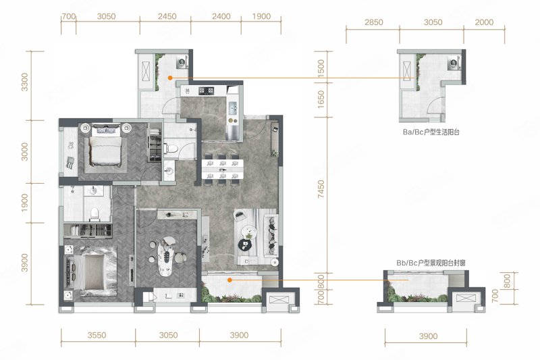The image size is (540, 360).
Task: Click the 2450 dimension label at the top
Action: (x=167, y=16)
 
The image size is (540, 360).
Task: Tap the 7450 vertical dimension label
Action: (x=321, y=189)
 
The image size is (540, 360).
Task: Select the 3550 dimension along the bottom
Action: (x=97, y=335)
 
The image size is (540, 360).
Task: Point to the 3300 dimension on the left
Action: (x=25, y=82)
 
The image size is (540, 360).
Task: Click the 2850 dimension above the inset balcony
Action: (x=374, y=22)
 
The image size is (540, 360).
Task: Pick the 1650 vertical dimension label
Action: (x=321, y=99)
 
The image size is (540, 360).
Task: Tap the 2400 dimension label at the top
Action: (x=221, y=16)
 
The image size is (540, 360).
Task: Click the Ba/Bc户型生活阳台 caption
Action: (x=431, y=132)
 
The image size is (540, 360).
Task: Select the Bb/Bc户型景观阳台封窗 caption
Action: (x=431, y=263)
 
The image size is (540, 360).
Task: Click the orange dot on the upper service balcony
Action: (x=170, y=78)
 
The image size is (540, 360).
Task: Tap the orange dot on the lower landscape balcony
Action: (x=230, y=280)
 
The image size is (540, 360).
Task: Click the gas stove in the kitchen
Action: (x=207, y=91)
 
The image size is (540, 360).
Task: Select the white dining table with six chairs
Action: (x=223, y=169)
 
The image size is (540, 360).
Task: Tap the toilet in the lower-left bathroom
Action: (x=94, y=214)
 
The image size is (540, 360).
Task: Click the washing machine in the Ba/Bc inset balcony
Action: (x=453, y=63)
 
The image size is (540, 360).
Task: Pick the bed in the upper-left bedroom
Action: (x=106, y=147)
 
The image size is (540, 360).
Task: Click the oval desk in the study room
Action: (x=167, y=255)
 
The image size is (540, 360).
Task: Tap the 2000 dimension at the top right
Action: (x=484, y=22)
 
